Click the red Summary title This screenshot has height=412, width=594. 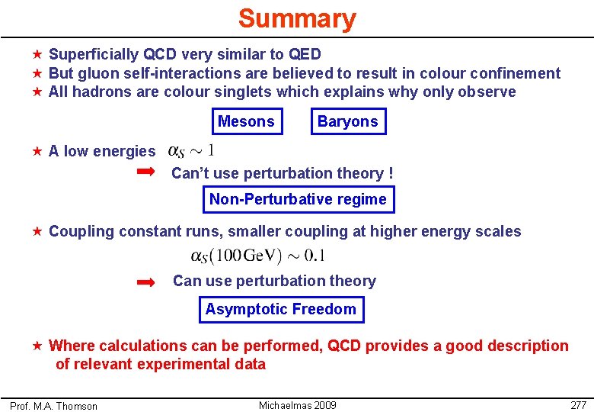(x=296, y=18)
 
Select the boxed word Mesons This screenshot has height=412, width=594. (x=246, y=121)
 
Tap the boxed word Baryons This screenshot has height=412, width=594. (x=347, y=121)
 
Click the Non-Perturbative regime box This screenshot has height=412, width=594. (x=298, y=200)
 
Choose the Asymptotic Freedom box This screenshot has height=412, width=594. (x=280, y=309)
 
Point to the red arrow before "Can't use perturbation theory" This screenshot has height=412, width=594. (x=145, y=173)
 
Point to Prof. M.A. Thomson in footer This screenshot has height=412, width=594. (x=53, y=406)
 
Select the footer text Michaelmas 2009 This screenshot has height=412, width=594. (x=297, y=405)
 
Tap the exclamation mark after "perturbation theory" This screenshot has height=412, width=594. (x=391, y=173)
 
